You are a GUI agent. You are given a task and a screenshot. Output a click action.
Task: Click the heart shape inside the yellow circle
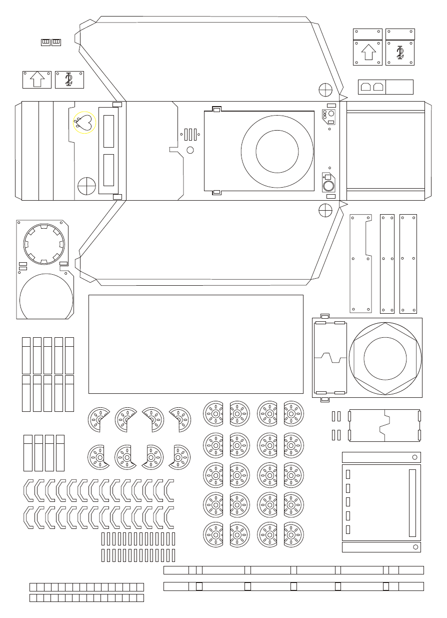pyautogui.click(x=85, y=122)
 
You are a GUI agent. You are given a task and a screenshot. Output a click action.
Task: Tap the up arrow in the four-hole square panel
pyautogui.click(x=368, y=52)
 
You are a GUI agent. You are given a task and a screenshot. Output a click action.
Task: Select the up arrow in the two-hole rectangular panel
pyautogui.click(x=37, y=79)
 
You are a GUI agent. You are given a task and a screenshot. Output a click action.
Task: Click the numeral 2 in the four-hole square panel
pyautogui.click(x=400, y=52)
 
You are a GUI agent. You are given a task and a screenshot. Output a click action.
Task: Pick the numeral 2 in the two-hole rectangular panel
pyautogui.click(x=69, y=79)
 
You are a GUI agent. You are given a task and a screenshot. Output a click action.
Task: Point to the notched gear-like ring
pyautogui.click(x=44, y=244)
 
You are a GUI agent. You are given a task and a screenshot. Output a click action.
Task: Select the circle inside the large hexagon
pyautogui.click(x=385, y=358)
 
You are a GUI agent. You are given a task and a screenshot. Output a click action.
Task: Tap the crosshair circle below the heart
pyautogui.click(x=86, y=186)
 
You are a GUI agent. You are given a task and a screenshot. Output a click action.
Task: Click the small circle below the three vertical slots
pyautogui.click(x=190, y=150)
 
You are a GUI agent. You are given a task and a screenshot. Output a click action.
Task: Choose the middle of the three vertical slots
pyautogui.click(x=190, y=134)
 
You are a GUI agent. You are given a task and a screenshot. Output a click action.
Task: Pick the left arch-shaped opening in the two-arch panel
pyautogui.click(x=365, y=87)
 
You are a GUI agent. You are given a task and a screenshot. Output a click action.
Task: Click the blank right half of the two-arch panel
pyautogui.click(x=399, y=87)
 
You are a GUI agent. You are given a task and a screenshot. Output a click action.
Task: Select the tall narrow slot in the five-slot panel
pyautogui.click(x=412, y=503)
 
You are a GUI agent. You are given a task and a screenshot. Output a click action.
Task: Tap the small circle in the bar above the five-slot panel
pyautogui.click(x=414, y=457)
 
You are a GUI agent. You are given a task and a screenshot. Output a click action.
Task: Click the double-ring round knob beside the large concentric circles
pyautogui.click(x=329, y=186)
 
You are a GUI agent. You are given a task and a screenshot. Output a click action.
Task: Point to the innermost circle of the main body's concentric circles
pyautogui.click(x=277, y=151)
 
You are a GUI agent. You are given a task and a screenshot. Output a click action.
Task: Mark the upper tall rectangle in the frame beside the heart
pyautogui.click(x=108, y=131)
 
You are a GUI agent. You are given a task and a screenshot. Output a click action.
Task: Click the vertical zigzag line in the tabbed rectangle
pyautogui.click(x=384, y=425)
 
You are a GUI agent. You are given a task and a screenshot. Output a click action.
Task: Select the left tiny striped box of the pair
pyautogui.click(x=45, y=42)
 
